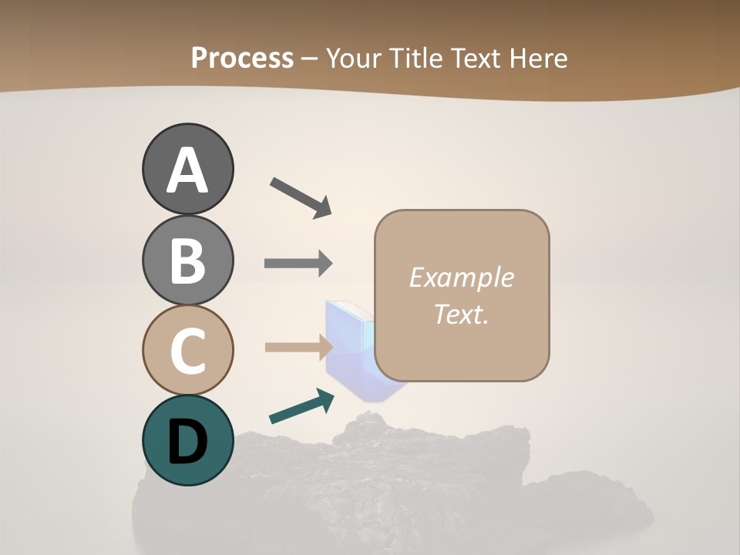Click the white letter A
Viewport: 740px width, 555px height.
pos(187,171)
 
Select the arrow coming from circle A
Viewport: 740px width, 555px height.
pos(301,197)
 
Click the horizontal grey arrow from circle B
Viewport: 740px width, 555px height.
pos(298,264)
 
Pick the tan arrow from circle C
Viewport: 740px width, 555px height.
pos(298,347)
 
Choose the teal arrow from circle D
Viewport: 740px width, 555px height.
pos(301,406)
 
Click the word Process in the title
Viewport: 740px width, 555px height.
pos(242,58)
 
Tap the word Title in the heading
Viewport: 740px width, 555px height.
pos(413,58)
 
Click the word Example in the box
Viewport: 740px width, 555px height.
pos(461,277)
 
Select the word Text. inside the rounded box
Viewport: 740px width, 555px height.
pos(461,314)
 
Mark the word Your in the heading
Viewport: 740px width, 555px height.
pos(355,58)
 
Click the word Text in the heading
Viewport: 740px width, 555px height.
pos(475,58)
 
